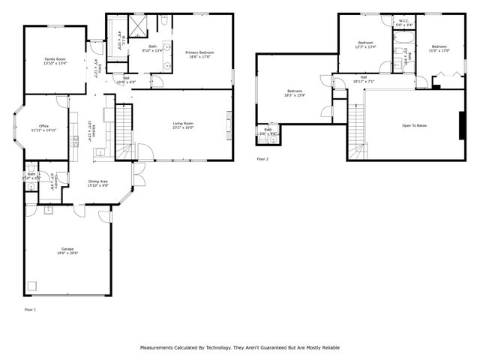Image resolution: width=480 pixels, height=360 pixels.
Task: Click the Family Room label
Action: coord(55,58)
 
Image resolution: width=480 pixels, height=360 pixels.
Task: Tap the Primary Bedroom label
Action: coord(200,52)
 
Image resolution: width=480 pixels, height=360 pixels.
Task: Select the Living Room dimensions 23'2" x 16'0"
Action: coord(184,127)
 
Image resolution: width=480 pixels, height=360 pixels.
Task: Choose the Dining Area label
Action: coord(98,181)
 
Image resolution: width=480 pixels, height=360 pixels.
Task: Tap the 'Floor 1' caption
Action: coord(30,309)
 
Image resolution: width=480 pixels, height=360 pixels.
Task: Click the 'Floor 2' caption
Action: coord(262,159)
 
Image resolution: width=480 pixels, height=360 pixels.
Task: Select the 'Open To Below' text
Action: coord(414,125)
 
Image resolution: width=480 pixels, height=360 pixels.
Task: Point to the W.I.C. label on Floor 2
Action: coord(403,20)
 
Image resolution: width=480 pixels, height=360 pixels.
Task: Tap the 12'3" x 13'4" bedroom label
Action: coord(366,43)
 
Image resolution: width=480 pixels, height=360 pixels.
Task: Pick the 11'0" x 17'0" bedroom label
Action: coord(439,46)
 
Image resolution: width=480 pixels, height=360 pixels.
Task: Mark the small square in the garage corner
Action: coord(34,285)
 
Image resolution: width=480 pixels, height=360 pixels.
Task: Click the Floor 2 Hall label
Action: coord(364,76)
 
